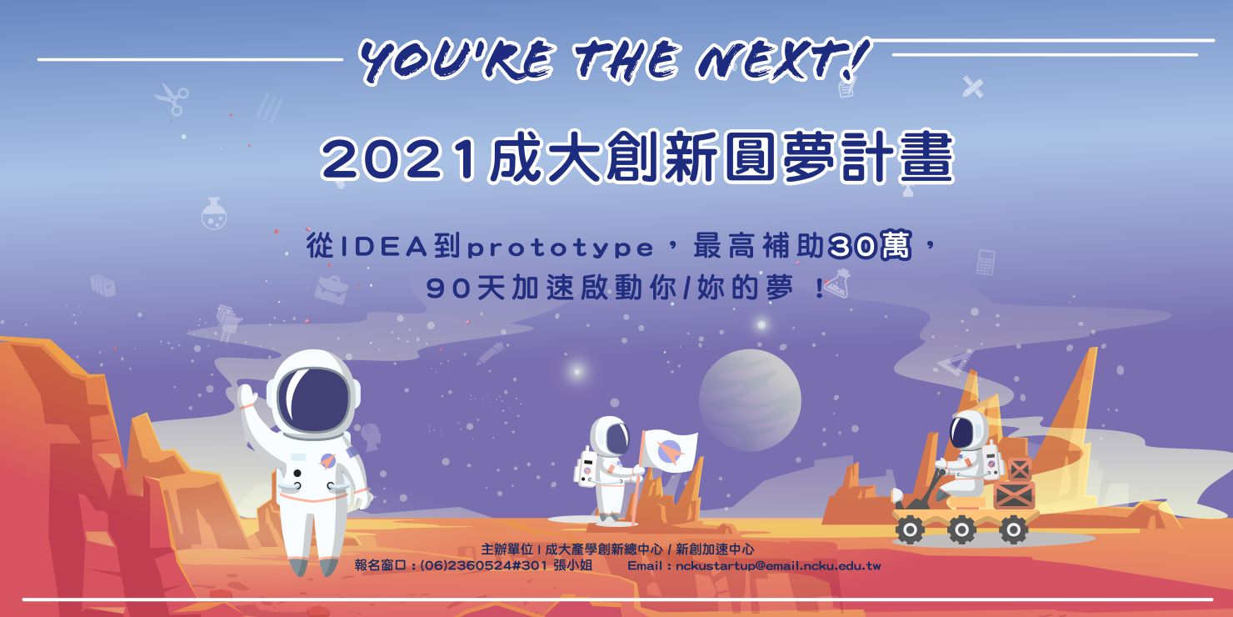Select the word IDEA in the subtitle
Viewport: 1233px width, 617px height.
pos(385,248)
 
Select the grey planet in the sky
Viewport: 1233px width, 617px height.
pos(750,400)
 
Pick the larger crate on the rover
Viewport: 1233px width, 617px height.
pos(1014,494)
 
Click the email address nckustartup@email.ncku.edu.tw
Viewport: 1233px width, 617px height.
pos(778,566)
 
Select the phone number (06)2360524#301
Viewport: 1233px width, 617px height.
pos(483,565)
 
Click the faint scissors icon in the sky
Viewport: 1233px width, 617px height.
pos(172,100)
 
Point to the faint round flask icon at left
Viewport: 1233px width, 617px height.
pos(213,213)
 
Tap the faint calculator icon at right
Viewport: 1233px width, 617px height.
pos(986,262)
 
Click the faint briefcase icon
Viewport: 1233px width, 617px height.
pos(332,289)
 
